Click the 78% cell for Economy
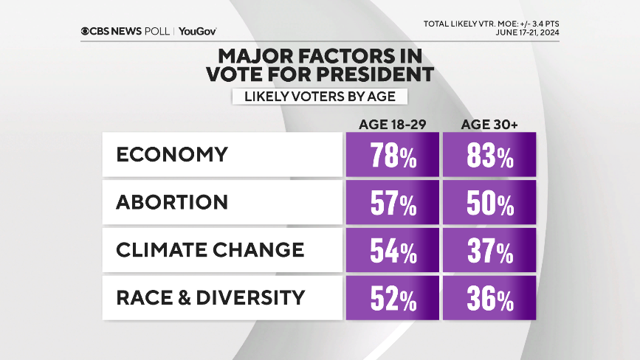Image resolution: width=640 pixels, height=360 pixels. (x=392, y=156)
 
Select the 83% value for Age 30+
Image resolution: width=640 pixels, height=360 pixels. (x=489, y=156)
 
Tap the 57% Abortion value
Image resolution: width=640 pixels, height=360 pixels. (x=392, y=203)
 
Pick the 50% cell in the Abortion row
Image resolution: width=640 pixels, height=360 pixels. (x=489, y=203)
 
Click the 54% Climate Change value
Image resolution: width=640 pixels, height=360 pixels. (x=392, y=251)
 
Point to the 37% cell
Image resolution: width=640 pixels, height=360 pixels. (x=489, y=251)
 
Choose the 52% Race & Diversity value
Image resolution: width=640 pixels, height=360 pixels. (x=392, y=298)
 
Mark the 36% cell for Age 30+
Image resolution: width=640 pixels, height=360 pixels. (x=489, y=298)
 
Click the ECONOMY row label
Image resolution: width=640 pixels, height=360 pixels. (x=172, y=155)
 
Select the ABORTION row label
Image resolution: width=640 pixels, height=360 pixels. (x=172, y=202)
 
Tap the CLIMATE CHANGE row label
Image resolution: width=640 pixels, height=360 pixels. (x=210, y=250)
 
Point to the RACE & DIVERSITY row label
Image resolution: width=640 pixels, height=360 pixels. (x=210, y=297)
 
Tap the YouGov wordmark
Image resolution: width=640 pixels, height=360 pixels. (x=197, y=31)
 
